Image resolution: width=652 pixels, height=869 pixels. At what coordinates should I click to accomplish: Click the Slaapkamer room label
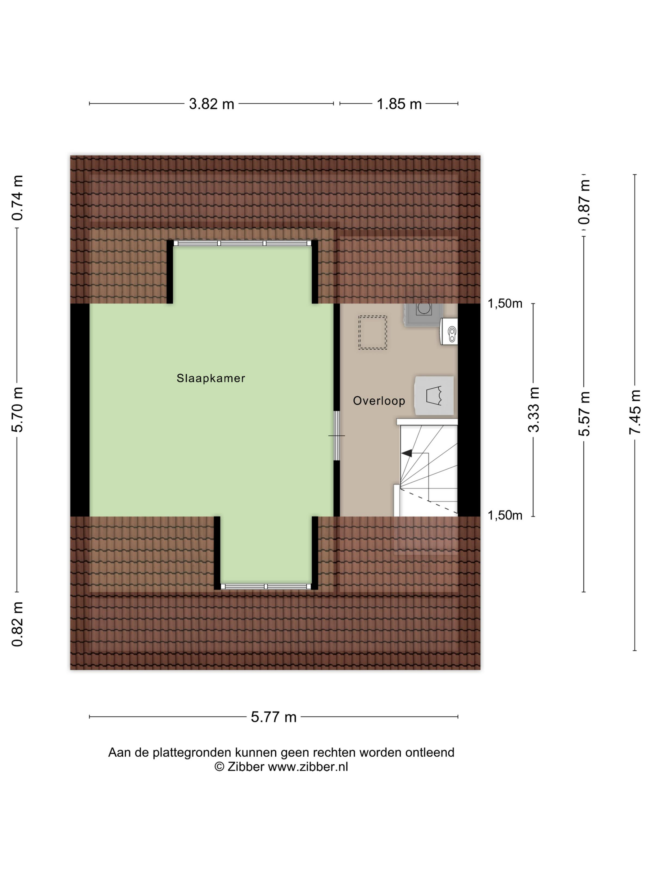[x=211, y=378]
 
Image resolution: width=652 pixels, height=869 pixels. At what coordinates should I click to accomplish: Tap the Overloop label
[x=379, y=401]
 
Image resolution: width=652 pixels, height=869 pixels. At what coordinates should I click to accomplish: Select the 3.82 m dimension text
[x=211, y=104]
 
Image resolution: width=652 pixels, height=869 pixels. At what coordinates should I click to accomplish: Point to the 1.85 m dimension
[x=399, y=104]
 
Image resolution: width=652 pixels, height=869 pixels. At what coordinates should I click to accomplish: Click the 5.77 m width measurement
[x=274, y=717]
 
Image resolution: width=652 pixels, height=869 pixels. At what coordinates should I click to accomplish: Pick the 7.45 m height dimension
[x=635, y=412]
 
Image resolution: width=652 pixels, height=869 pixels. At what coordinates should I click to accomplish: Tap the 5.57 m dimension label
[x=584, y=414]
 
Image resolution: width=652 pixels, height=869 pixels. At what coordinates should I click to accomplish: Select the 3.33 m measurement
[x=533, y=410]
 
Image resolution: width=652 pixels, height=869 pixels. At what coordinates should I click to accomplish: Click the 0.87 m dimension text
[x=584, y=202]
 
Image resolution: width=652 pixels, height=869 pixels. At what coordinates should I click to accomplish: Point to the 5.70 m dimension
[x=17, y=410]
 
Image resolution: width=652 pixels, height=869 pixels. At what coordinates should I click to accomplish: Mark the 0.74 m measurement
[x=17, y=198]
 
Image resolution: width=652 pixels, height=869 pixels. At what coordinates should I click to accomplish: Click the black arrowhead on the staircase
[x=406, y=453]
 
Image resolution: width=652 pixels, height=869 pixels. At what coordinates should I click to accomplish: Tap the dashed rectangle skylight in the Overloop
[x=373, y=332]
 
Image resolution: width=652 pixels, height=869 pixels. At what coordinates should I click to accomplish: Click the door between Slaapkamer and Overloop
[x=337, y=436]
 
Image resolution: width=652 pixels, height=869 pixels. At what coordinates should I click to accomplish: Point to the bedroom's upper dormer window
[x=242, y=243]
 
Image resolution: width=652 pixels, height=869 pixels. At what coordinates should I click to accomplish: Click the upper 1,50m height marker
[x=505, y=303]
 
